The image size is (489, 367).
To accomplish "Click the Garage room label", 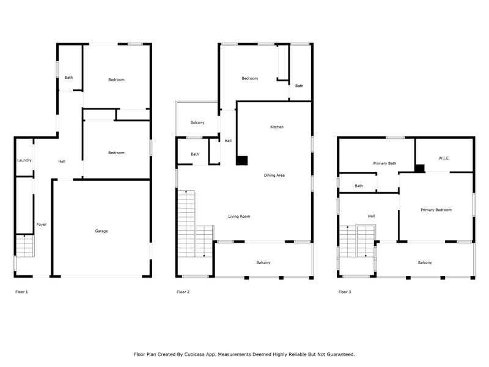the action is click(x=101, y=231).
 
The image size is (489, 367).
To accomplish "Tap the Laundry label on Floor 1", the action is click(x=24, y=160).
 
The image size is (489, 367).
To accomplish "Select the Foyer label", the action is click(x=42, y=224).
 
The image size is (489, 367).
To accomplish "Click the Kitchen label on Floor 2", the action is click(x=277, y=127).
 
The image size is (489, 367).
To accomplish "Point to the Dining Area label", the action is click(x=274, y=175).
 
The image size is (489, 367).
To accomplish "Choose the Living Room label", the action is click(x=239, y=217).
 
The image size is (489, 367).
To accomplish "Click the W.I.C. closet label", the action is click(x=444, y=158).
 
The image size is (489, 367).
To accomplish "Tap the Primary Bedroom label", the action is click(x=436, y=210).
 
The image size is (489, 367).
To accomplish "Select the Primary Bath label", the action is click(x=385, y=163).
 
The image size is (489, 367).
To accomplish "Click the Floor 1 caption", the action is click(x=21, y=292).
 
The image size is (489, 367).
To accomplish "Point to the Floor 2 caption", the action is click(x=183, y=292).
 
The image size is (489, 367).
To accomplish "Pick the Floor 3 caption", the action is click(x=345, y=292).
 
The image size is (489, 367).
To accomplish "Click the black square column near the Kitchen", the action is click(x=241, y=160).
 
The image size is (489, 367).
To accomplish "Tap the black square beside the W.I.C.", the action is click(x=420, y=168).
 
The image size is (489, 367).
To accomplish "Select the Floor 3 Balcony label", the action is click(x=425, y=262).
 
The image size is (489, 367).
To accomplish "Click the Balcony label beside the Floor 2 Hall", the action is click(x=197, y=122).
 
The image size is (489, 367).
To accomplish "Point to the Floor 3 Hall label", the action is click(x=371, y=216).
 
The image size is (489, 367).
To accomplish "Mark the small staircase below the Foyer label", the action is click(x=25, y=246).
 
